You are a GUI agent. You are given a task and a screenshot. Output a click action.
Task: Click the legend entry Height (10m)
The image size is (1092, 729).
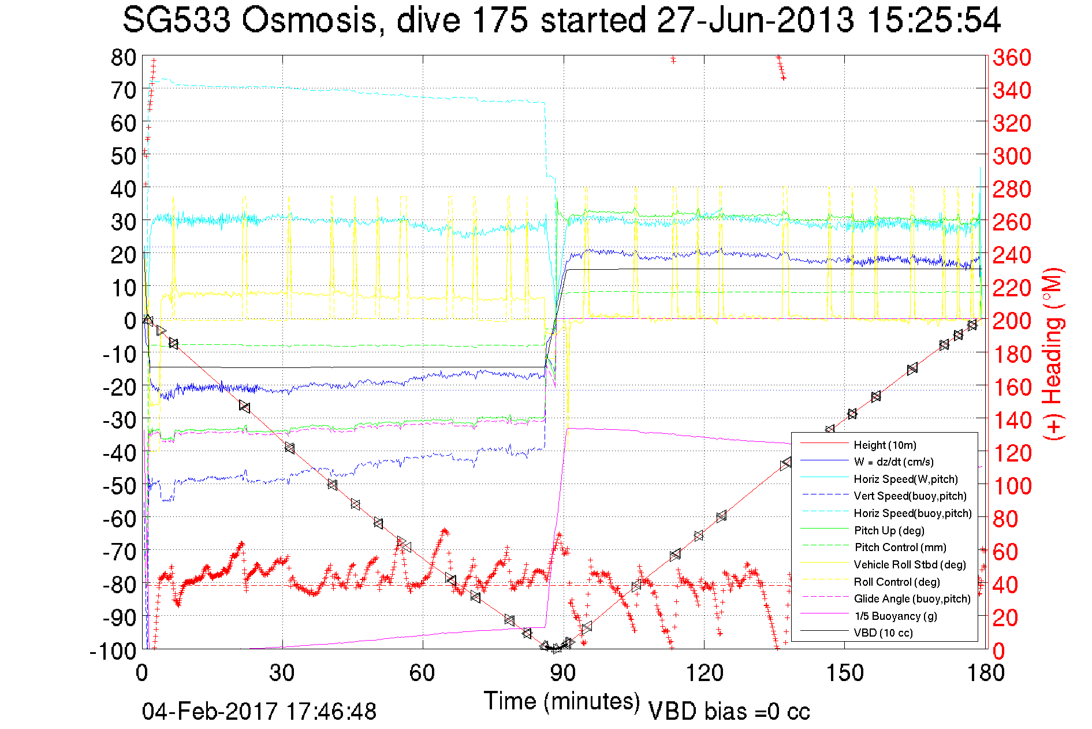pyautogui.click(x=885, y=445)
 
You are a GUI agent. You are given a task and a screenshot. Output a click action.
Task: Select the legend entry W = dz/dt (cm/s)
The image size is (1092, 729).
pyautogui.click(x=893, y=462)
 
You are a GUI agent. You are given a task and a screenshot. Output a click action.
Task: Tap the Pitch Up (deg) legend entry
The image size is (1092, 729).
pyautogui.click(x=889, y=530)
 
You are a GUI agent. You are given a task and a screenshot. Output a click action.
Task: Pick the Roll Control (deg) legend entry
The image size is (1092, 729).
pyautogui.click(x=897, y=582)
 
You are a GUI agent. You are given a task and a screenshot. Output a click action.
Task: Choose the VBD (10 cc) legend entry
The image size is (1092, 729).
pyautogui.click(x=883, y=633)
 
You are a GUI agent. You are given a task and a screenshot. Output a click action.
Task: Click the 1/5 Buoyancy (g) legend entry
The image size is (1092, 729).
pyautogui.click(x=895, y=616)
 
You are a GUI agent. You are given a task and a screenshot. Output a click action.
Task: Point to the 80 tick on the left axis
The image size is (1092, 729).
pyautogui.click(x=123, y=57)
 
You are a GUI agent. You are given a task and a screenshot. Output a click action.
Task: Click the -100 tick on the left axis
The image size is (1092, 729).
pyautogui.click(x=113, y=651)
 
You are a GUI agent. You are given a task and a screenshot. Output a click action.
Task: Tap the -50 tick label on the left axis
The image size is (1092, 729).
pyautogui.click(x=119, y=486)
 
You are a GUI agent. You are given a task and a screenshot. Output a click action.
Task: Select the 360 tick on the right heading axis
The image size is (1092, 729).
pyautogui.click(x=1012, y=57)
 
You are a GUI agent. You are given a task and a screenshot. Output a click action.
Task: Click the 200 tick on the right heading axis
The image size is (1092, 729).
pyautogui.click(x=1012, y=321)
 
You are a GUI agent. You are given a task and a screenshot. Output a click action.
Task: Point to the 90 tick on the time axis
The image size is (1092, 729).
pyautogui.click(x=563, y=673)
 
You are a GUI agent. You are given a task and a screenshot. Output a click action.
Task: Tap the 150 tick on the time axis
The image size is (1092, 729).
pyautogui.click(x=845, y=673)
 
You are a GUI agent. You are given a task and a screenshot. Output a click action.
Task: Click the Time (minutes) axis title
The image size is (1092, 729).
pyautogui.click(x=562, y=701)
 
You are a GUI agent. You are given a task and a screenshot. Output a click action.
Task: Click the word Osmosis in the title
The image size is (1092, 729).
pyautogui.click(x=309, y=20)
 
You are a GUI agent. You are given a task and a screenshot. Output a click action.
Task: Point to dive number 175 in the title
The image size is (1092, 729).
pyautogui.click(x=500, y=20)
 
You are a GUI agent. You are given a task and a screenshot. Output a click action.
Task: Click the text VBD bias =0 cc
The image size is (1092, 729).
pyautogui.click(x=729, y=712)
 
